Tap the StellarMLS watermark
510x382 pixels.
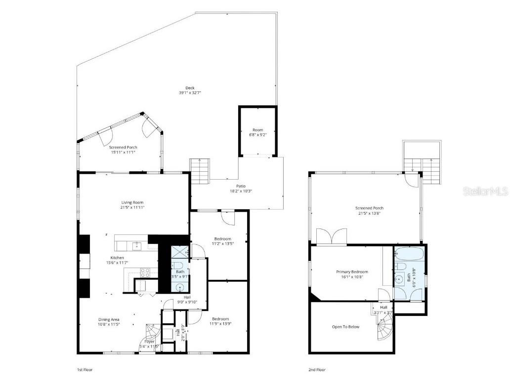pos(485,191)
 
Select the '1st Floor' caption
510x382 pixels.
pos(85,369)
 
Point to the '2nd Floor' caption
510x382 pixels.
pos(317,369)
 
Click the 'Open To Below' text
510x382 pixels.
pos(345,327)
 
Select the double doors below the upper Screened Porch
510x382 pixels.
pos(331,237)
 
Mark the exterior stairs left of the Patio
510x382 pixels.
pos(200,170)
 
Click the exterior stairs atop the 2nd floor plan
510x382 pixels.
pos(428,169)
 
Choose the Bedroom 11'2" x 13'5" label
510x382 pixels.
pos(222,241)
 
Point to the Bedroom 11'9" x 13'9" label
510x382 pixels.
pos(220,321)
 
